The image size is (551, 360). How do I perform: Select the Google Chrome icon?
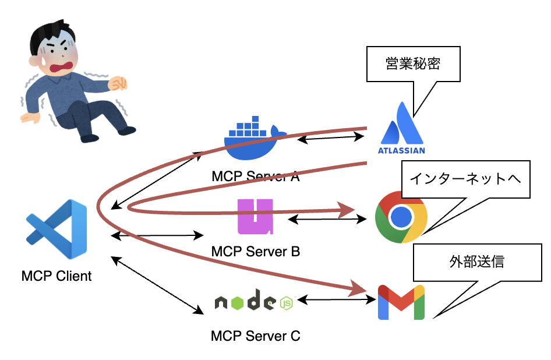(401, 217)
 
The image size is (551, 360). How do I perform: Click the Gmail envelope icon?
(401, 302)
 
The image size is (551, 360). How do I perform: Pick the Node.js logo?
(253, 302)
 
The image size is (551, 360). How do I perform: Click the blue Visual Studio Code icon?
(56, 229)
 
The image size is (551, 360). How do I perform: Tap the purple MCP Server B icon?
(255, 217)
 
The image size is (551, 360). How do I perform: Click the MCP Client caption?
(56, 276)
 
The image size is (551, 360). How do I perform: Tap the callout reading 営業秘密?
(412, 63)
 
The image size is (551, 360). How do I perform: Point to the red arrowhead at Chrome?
(348, 210)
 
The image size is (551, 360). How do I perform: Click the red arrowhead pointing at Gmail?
(360, 287)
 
